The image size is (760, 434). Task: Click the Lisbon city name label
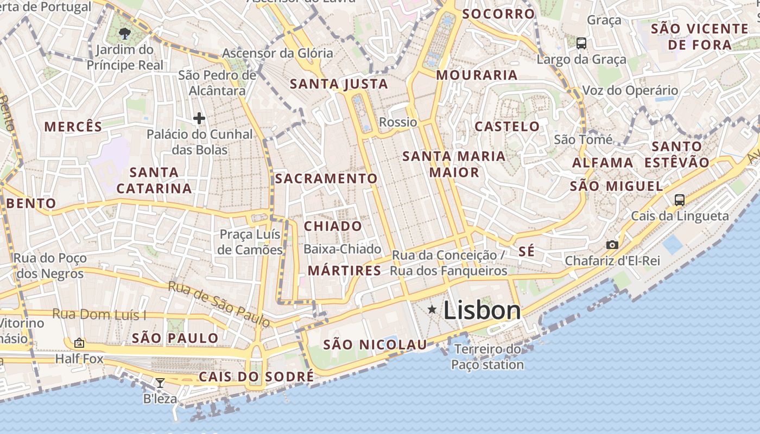[x=482, y=310]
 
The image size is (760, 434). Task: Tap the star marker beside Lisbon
[x=432, y=309]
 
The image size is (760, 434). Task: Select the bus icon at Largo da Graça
[x=581, y=43]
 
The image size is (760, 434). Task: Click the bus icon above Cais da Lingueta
[x=679, y=200]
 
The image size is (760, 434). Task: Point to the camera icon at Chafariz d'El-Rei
[x=612, y=245]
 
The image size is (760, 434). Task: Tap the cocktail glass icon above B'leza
[x=160, y=383]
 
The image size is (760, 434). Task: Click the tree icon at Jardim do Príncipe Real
[x=125, y=34]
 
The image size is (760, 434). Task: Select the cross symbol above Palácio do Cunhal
[x=199, y=118]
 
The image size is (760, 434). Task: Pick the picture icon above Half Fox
[x=79, y=343]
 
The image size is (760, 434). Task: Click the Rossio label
[x=398, y=122]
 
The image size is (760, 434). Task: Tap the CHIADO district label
[x=333, y=226]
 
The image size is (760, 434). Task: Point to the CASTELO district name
[x=508, y=126]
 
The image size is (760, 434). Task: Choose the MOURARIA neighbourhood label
[x=477, y=75]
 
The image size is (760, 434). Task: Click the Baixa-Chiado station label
[x=343, y=249]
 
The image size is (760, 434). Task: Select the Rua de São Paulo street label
[x=219, y=304]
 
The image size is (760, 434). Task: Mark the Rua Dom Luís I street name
[x=99, y=315]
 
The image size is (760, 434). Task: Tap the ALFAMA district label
[x=603, y=163]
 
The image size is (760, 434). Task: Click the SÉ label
[x=527, y=251]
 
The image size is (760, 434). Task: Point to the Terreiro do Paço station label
[x=487, y=356]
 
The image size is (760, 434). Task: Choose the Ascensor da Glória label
[x=277, y=53]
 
